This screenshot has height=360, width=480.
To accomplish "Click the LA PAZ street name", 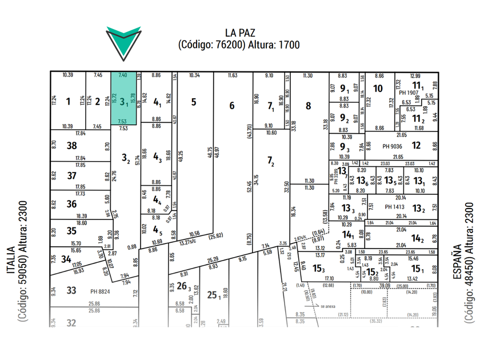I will (239, 33).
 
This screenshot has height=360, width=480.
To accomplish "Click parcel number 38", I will (71, 146).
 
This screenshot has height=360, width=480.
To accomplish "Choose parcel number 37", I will (71, 175).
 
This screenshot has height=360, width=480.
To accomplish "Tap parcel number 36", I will (71, 204).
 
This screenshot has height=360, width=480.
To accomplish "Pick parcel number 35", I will (71, 231).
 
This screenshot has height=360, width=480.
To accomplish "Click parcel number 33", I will (71, 290).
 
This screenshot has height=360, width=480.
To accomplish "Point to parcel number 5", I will (194, 102).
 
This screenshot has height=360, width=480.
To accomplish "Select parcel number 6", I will (231, 105).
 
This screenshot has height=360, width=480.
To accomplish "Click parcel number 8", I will (308, 105).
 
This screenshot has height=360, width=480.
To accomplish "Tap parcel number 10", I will (377, 89).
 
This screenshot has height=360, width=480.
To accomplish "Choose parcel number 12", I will (416, 146).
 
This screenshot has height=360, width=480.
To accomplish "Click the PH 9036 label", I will (394, 146).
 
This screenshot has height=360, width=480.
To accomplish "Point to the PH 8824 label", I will (101, 291).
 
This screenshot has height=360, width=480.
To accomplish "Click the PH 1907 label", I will (409, 93).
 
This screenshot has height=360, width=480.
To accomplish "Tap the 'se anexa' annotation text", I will (329, 306).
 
